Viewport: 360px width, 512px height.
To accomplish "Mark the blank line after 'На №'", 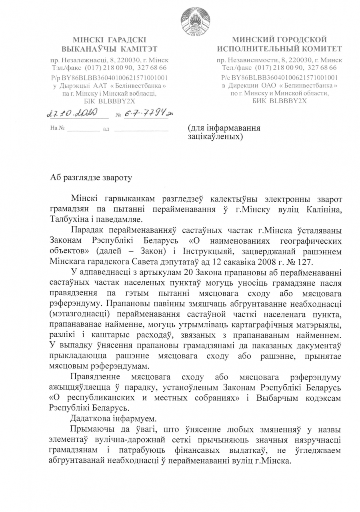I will click(83, 130).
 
